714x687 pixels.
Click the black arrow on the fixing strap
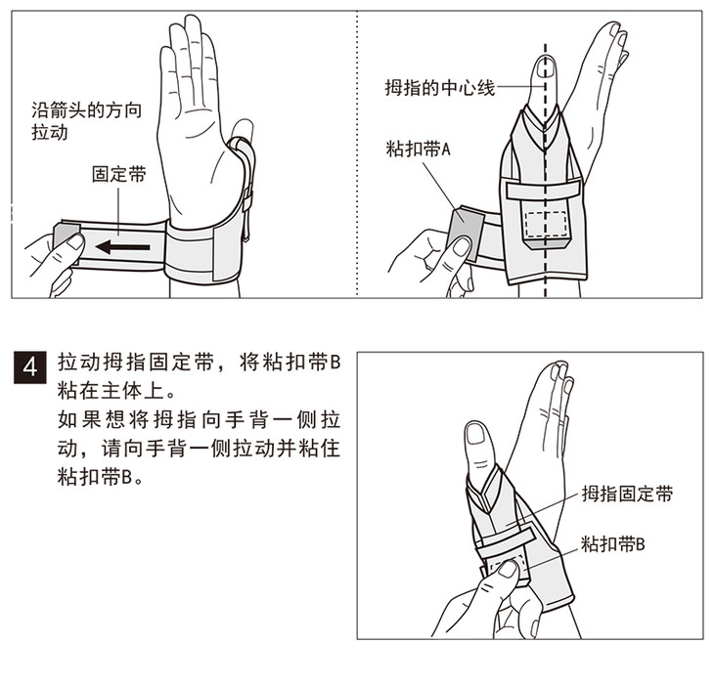123,247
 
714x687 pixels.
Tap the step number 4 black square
30,366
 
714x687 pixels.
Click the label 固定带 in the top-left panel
119,174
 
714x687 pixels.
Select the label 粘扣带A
418,149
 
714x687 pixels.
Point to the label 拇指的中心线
440,87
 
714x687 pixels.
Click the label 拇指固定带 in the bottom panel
627,494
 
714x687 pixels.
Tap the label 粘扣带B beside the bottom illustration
613,543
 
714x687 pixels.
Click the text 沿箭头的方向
86,110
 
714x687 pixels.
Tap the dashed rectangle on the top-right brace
546,225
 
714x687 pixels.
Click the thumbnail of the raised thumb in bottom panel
476,434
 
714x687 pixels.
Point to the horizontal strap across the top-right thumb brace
544,189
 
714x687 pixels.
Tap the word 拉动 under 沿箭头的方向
50,132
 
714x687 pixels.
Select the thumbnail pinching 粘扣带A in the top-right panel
462,246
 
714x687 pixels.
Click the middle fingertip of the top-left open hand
192,21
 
